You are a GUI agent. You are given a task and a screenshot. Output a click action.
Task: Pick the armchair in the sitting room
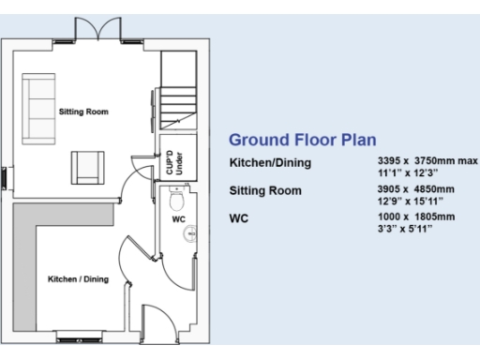[90, 167]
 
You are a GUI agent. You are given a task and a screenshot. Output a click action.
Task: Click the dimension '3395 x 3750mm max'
[421, 162]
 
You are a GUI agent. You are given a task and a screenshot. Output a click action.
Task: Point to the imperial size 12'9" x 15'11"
[406, 199]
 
